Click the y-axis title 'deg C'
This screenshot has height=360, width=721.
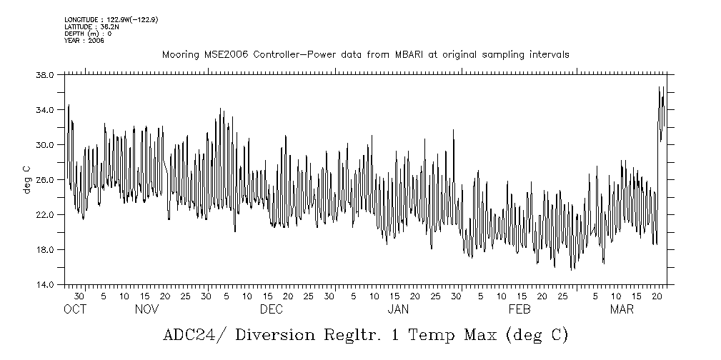[26, 179]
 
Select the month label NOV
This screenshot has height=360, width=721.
[146, 309]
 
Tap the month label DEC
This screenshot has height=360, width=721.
[271, 309]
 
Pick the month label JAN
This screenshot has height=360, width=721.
[397, 309]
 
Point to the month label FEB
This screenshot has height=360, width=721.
[519, 309]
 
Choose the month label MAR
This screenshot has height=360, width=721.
[621, 309]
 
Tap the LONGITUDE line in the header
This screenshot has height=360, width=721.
[111, 19]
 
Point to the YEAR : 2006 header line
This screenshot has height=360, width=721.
[84, 41]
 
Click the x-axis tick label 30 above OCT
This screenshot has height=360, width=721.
[79, 296]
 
